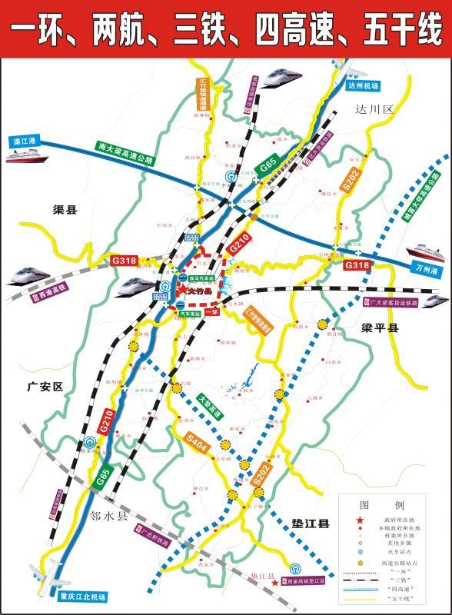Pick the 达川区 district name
click(374, 110)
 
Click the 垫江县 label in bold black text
click(309, 524)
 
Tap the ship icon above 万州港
click(424, 252)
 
